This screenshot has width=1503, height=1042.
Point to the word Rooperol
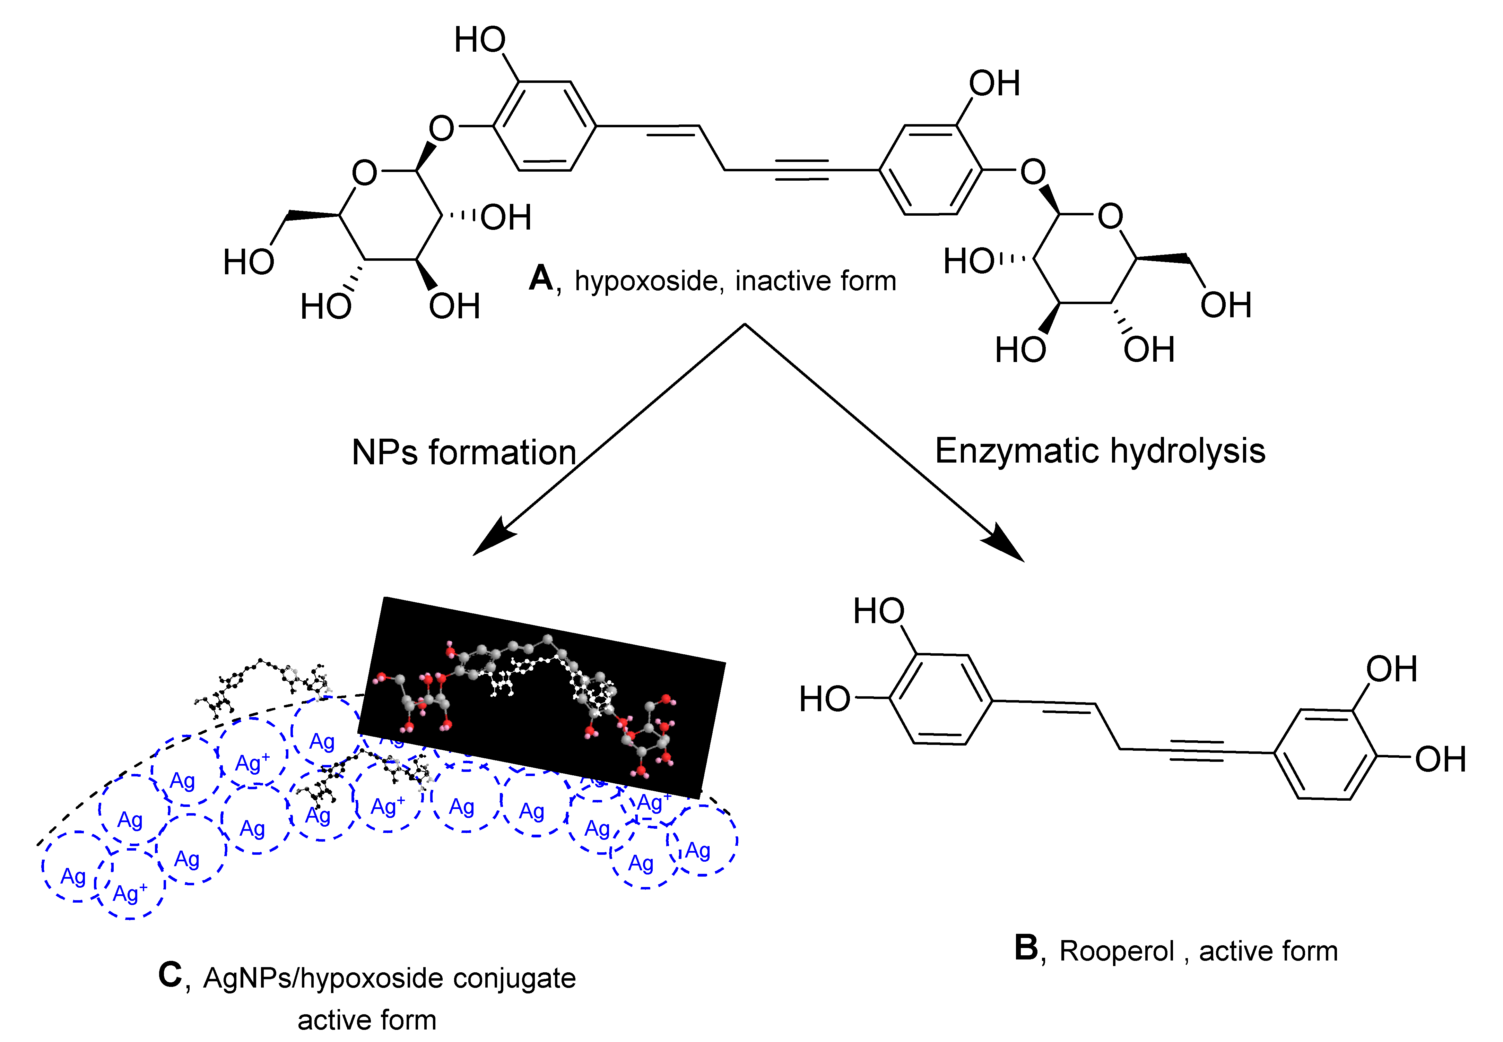coord(1116,951)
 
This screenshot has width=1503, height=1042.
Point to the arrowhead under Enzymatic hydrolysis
coord(1005,542)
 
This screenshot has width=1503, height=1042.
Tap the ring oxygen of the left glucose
coord(364,173)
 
